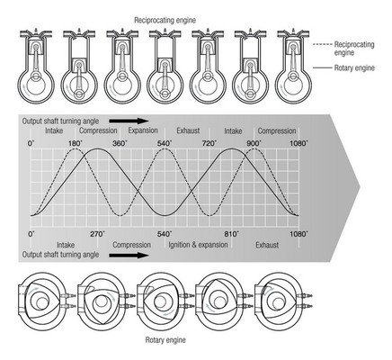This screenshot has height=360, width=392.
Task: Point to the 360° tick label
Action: click(120, 143)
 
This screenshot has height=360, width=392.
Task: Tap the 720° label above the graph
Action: click(209, 143)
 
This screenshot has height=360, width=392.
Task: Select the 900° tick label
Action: click(254, 143)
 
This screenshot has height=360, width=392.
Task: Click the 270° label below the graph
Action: click(98, 234)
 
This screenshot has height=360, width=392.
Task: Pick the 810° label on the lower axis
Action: click(231, 234)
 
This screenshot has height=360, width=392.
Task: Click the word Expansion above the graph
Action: click(143, 130)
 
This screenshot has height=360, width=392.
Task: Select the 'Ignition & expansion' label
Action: click(198, 245)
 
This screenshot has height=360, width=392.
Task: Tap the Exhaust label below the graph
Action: click(267, 245)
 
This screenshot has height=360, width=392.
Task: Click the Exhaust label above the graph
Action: click(188, 130)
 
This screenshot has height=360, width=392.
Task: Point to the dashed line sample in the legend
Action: click(322, 44)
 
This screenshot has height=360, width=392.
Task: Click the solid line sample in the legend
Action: click(322, 67)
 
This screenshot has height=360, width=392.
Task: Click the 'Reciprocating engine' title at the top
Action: click(165, 21)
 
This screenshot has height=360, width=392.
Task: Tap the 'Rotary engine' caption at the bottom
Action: click(165, 340)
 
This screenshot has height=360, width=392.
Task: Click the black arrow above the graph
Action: click(129, 121)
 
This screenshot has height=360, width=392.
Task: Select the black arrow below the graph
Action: click(129, 256)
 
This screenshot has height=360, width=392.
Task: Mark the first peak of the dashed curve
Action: click(76, 149)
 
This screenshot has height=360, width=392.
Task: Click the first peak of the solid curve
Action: click(97, 149)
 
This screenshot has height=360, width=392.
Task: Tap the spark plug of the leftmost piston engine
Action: click(36, 31)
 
